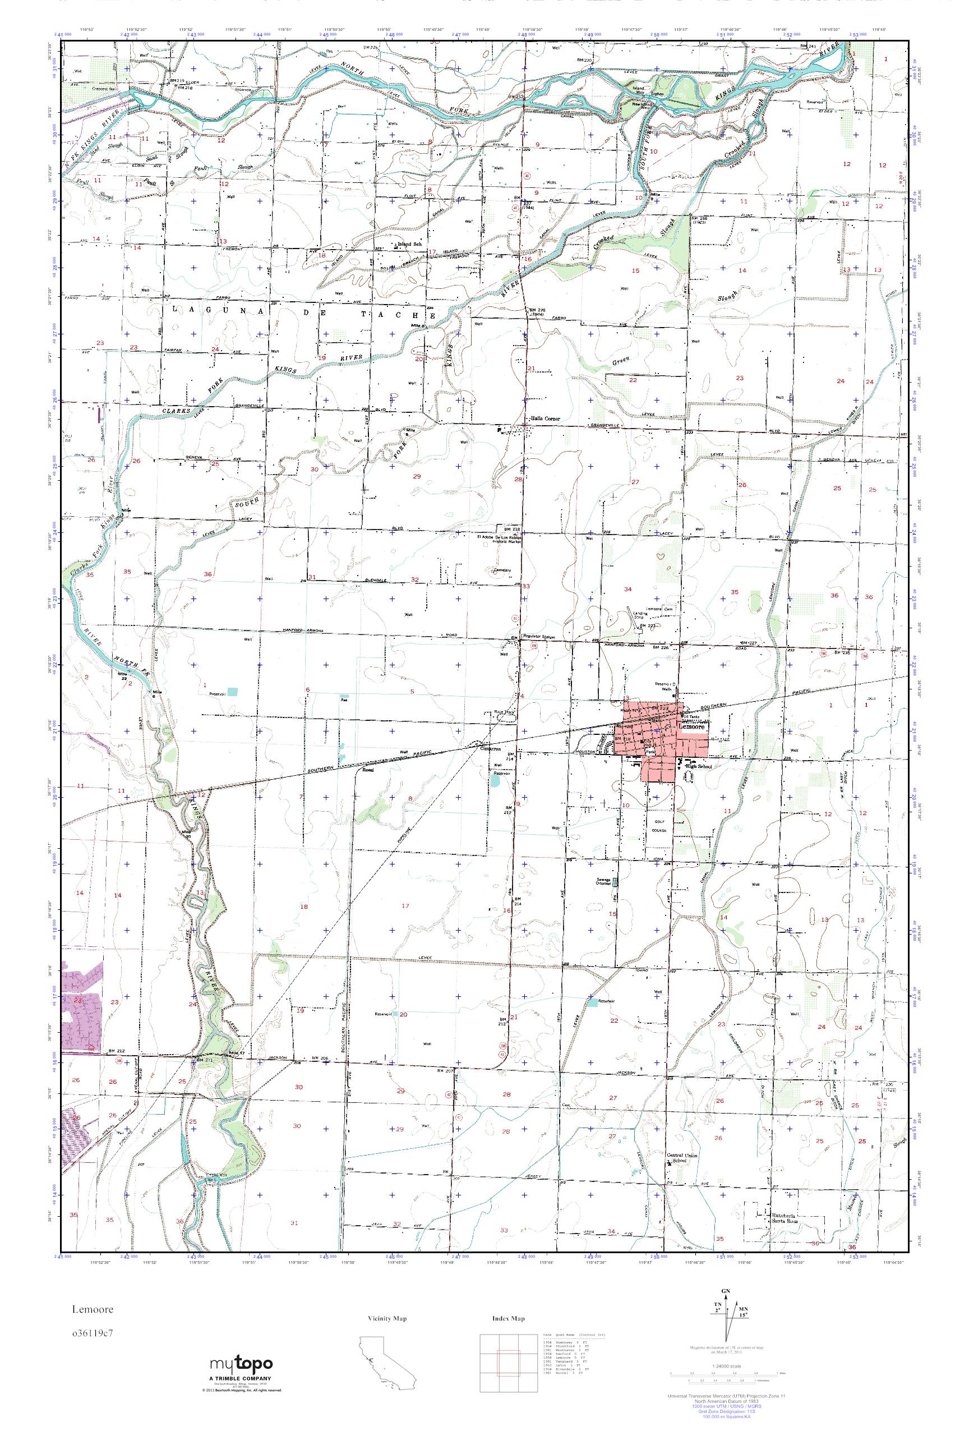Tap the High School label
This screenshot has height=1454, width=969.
click(x=700, y=767)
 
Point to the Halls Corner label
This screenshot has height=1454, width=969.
click(x=545, y=418)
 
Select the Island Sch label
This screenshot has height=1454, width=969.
click(x=408, y=244)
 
